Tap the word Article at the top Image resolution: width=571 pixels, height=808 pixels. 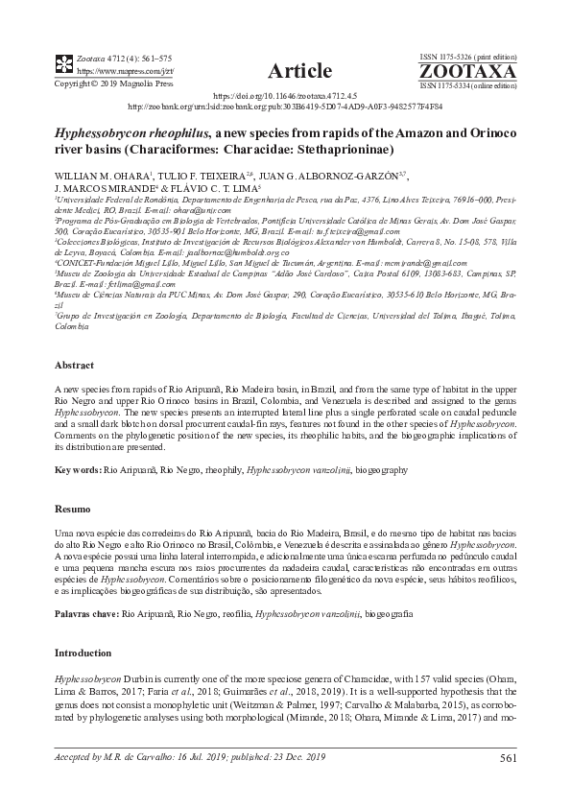pyautogui.click(x=299, y=71)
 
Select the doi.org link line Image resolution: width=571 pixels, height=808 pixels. pyautogui.click(x=284, y=97)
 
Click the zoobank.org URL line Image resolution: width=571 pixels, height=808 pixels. pyautogui.click(x=284, y=107)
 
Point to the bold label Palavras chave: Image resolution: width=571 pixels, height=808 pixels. pyautogui.click(x=86, y=611)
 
